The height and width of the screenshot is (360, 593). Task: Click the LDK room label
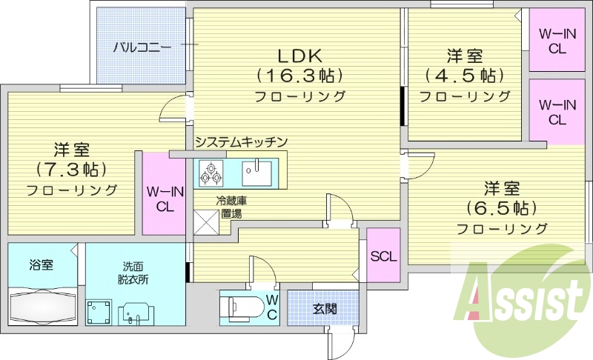(x=300, y=56)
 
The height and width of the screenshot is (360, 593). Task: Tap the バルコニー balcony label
(x=142, y=48)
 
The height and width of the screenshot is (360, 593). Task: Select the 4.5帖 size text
(x=465, y=76)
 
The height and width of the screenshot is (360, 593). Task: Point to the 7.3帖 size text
(x=71, y=170)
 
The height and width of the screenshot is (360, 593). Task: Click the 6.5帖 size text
(x=502, y=207)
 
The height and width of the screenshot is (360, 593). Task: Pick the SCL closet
(x=383, y=256)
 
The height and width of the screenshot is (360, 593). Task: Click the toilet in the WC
(x=242, y=306)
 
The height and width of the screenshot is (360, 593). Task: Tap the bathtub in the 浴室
(x=43, y=306)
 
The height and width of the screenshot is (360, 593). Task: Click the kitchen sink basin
(x=256, y=173)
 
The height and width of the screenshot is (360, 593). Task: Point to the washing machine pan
(x=99, y=312)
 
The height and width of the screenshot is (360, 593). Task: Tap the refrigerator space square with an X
(x=207, y=222)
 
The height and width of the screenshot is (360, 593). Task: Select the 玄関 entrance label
(x=325, y=309)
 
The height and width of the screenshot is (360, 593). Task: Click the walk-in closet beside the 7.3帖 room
(x=164, y=193)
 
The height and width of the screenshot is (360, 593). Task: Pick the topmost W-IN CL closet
(x=557, y=40)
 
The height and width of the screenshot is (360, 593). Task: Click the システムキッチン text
(x=242, y=142)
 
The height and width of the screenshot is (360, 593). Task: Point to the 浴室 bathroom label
(x=42, y=264)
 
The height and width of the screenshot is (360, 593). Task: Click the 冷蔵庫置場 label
(x=231, y=207)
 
